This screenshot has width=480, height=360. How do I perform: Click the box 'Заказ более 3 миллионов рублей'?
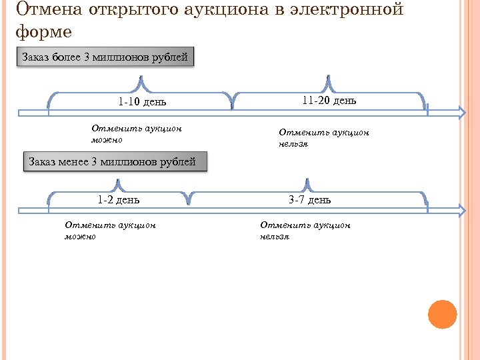point(105,57)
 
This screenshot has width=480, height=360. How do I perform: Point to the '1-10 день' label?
point(142,102)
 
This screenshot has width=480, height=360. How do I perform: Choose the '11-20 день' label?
point(329,101)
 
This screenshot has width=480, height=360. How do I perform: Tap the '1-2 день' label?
point(119,199)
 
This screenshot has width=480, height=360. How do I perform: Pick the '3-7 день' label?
point(309,199)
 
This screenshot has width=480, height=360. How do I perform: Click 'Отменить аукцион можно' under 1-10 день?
point(136,134)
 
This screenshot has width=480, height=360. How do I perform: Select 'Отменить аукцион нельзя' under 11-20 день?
point(323,137)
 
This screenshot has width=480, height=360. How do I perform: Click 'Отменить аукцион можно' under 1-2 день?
point(110,231)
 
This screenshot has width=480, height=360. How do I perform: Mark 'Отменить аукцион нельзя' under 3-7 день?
point(305,231)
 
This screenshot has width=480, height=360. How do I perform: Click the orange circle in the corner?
point(442,314)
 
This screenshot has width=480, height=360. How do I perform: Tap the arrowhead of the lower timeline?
point(461,210)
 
